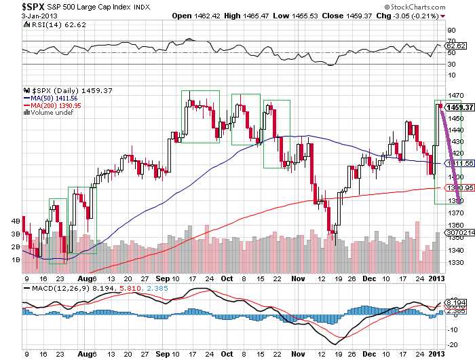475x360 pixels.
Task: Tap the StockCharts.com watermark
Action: tap(440, 6)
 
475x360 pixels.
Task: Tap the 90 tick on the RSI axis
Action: tap(451, 30)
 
